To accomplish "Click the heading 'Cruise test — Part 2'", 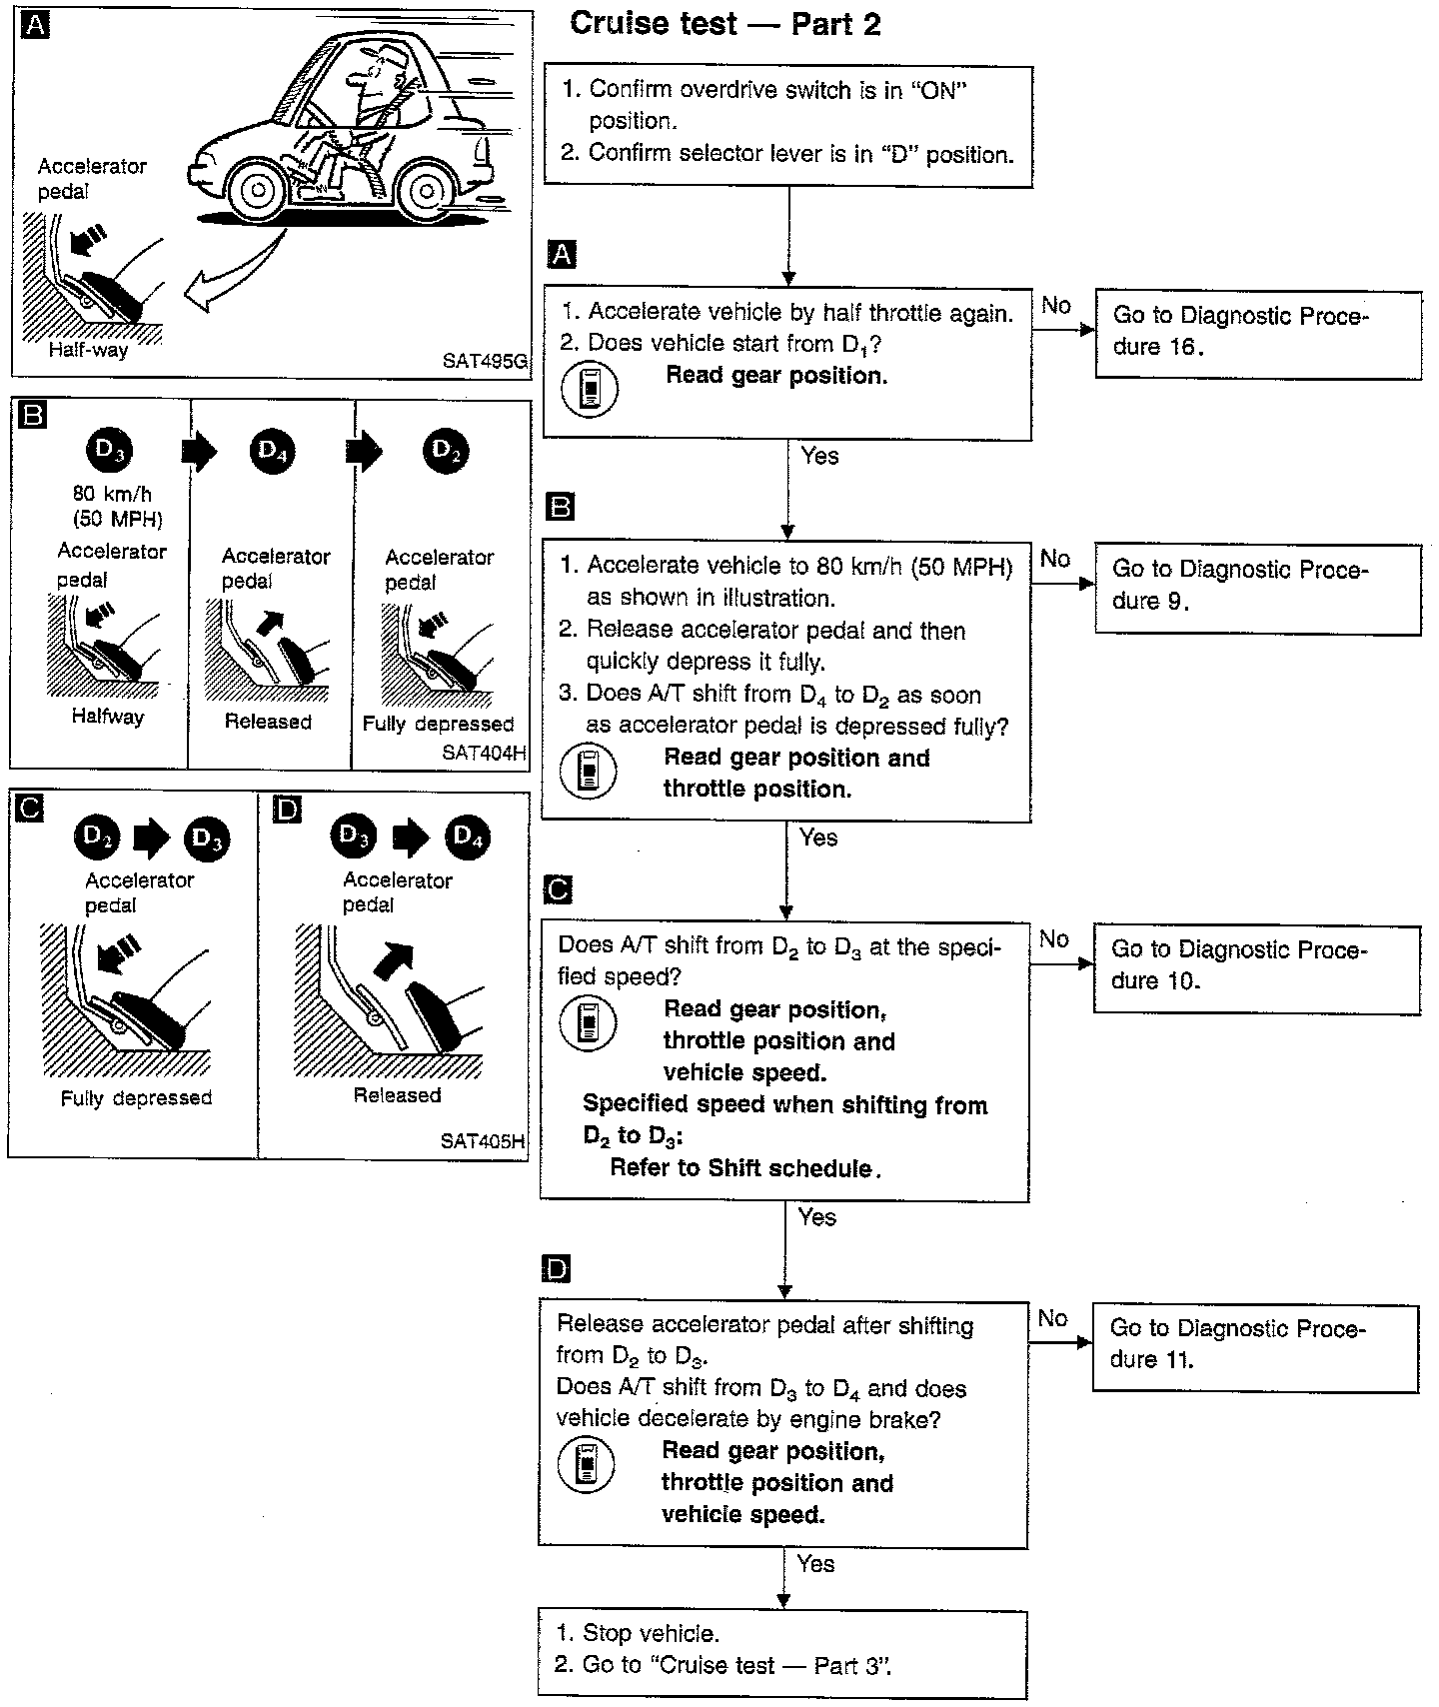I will tap(724, 24).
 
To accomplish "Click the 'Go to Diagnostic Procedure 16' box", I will tap(1257, 334).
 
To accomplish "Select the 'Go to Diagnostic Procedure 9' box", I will tap(1257, 588).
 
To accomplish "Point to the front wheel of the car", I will tap(258, 188).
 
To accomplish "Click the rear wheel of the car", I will tap(427, 190).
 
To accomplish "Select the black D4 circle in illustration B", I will tap(272, 452).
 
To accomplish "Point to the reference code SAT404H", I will tap(484, 753).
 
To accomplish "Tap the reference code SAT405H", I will tap(483, 1140).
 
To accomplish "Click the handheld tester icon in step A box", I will tap(590, 390).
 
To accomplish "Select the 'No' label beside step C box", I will tap(1053, 938).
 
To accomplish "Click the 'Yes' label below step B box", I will tap(818, 838).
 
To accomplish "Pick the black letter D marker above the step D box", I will tap(556, 1269).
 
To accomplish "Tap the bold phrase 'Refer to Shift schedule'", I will tap(745, 1168).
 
